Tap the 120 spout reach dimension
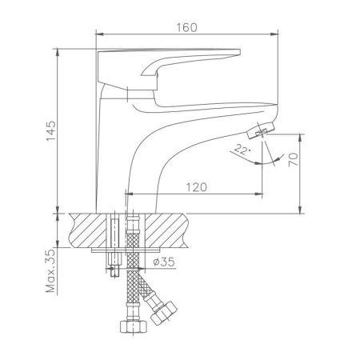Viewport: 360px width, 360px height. coord(196,186)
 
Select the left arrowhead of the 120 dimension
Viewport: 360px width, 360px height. coord(128,194)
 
